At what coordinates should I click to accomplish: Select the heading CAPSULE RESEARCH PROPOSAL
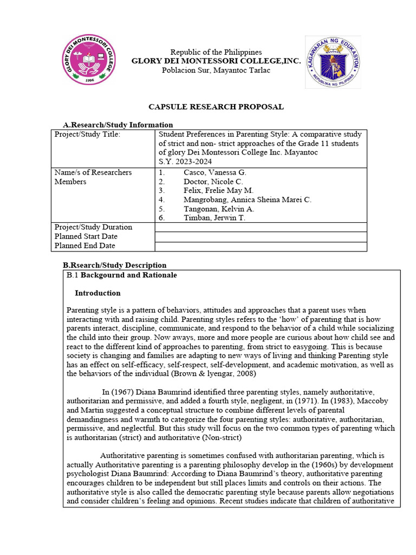point(216,107)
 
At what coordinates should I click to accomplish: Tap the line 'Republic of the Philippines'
point(216,52)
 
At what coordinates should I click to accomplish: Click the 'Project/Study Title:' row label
point(87,134)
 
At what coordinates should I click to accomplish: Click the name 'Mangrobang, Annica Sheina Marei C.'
point(248,199)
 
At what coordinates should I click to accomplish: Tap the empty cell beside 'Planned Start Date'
point(261,237)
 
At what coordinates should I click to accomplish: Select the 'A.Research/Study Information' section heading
point(118,125)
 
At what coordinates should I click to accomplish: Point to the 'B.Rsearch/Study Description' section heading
point(115,265)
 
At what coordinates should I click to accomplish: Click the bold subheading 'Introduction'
point(97,293)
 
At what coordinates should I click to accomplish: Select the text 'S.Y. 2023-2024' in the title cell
point(185,162)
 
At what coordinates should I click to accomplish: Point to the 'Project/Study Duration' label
point(93,227)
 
